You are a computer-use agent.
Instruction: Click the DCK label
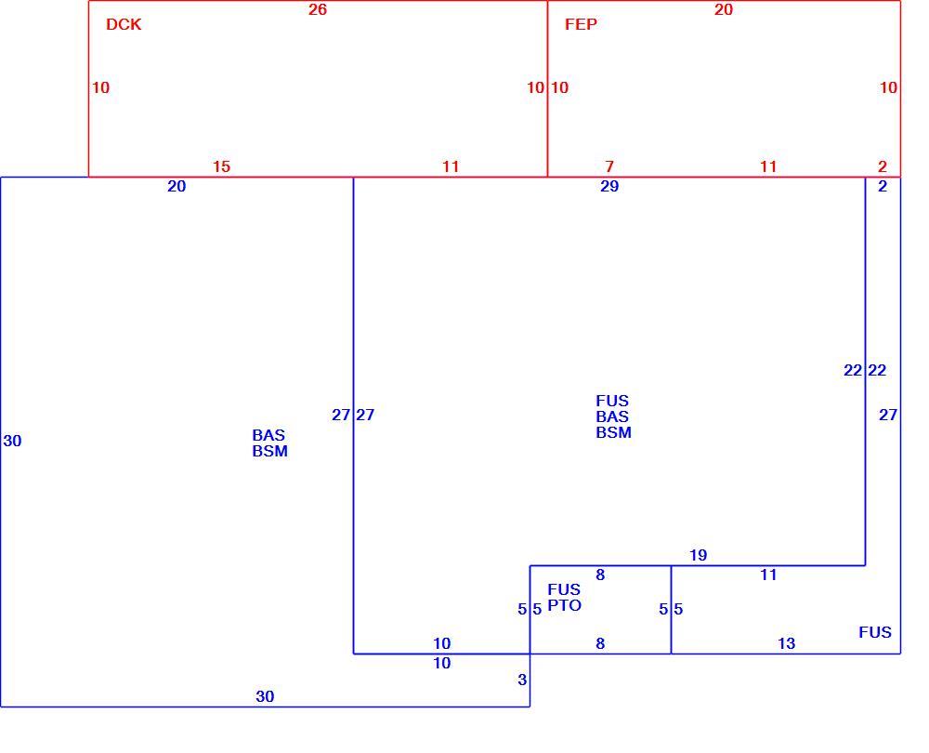124,24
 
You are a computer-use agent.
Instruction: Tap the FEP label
581,24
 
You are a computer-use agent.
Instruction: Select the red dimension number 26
318,9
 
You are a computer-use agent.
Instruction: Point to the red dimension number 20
724,9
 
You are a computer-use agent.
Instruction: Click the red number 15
221,166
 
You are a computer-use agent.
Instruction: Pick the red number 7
609,166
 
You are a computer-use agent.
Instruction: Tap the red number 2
883,166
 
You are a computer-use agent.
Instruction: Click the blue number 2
883,186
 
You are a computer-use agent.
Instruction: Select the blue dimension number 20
177,186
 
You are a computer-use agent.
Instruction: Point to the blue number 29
609,186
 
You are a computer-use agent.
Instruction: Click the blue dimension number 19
698,556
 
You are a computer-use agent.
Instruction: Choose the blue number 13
786,643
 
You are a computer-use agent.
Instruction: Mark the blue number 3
522,680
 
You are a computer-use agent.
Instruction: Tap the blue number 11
768,575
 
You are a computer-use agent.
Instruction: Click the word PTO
564,605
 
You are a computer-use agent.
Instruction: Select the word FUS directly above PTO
564,589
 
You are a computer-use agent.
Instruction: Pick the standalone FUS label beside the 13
875,633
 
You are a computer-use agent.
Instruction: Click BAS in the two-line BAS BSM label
268,435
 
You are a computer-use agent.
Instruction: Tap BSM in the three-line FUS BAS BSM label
613,433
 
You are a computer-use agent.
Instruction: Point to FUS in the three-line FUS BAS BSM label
612,401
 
